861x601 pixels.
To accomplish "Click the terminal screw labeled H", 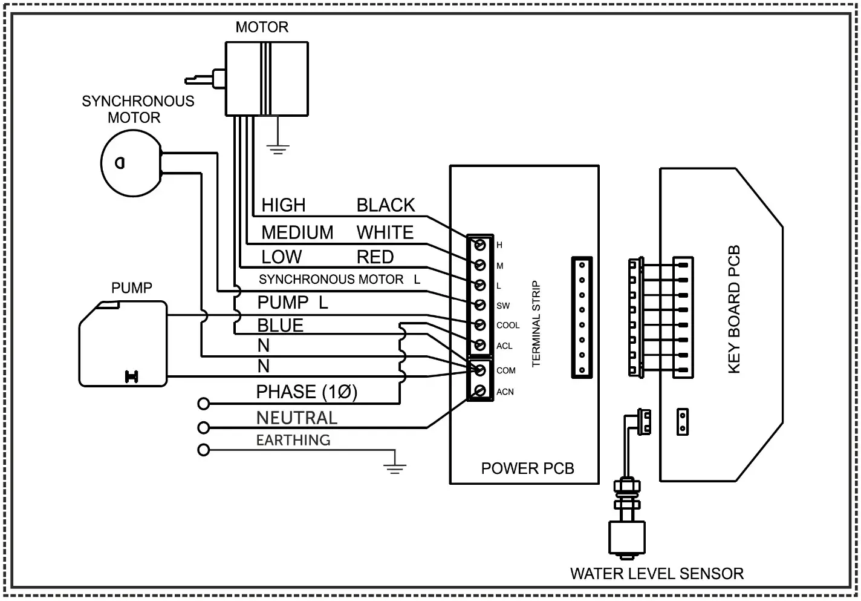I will coord(480,245).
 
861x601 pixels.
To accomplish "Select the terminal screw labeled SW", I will coord(480,305).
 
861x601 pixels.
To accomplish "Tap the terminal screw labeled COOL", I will coord(480,325).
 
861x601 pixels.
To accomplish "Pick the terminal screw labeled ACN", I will coord(480,391).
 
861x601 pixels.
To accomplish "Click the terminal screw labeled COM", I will coord(480,370).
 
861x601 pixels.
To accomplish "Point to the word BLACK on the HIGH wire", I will coord(385,205).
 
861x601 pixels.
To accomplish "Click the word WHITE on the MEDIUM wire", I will coord(385,232).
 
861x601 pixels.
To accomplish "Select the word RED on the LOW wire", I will coord(375,257).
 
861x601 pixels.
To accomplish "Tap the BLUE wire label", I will coord(280,326).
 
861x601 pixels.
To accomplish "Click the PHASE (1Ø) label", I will coord(307,392).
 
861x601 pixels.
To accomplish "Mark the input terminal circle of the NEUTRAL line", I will coord(204,428).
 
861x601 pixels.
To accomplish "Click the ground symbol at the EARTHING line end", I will coord(394,465).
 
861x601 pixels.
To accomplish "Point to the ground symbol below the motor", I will coord(278,148).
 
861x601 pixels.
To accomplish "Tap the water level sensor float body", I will coord(627,537).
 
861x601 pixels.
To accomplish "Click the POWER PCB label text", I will coord(527,468).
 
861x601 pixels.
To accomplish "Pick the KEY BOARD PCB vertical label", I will coord(733,309).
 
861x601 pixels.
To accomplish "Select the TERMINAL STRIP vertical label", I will coord(536,324).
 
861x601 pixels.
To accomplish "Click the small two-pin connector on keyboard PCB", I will coord(683,422).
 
